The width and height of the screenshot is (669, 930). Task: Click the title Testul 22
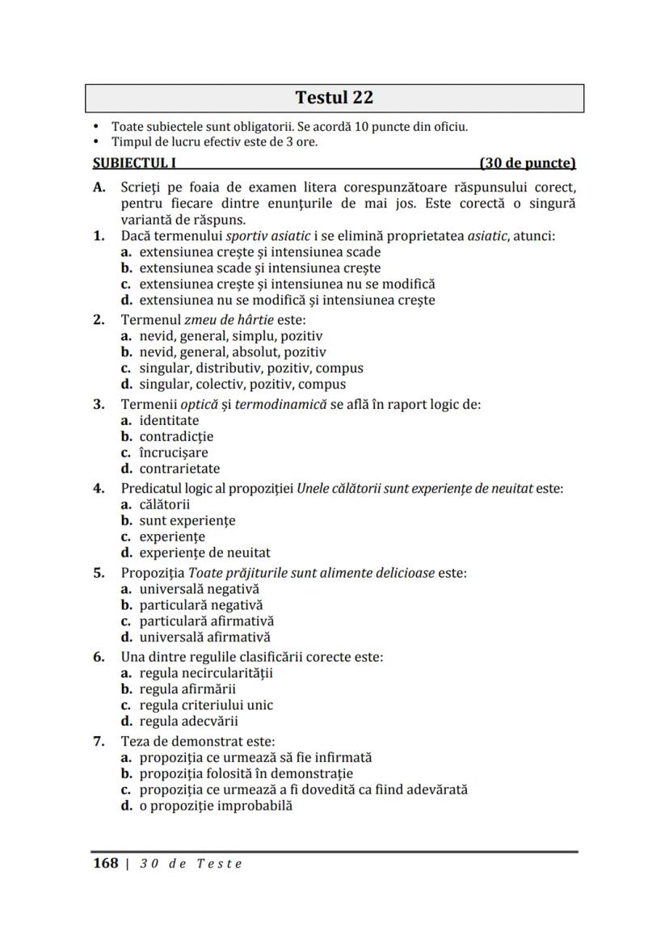334,98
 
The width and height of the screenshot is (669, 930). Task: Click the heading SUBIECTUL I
135,163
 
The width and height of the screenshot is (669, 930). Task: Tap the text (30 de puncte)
527,163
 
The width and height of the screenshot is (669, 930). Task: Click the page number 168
106,863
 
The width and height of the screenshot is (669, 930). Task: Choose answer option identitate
169,420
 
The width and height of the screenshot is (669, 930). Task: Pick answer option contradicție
176,436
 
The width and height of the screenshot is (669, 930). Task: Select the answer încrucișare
173,452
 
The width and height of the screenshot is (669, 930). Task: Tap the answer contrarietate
179,469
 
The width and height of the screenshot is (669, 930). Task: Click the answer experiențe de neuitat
204,553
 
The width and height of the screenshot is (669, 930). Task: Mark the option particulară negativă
200,604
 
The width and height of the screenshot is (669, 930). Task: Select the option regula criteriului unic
206,705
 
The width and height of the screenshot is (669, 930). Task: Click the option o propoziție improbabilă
216,806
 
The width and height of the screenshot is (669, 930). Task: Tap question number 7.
99,741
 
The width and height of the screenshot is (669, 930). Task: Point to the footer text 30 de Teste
191,864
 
